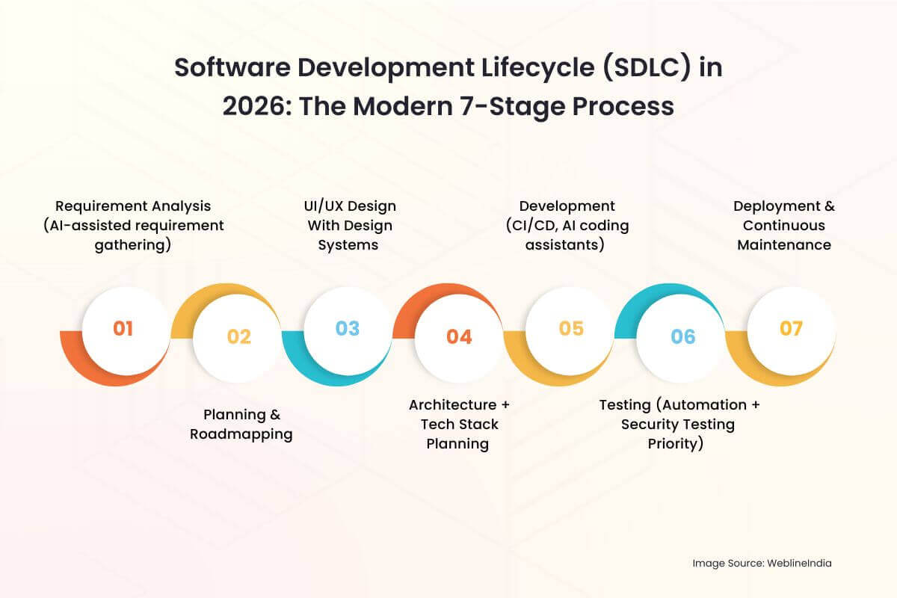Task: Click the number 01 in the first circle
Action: click(123, 329)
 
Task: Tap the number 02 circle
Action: click(238, 337)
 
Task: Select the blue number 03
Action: click(347, 329)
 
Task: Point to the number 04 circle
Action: click(459, 337)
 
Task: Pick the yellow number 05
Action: click(570, 329)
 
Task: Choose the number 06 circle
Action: click(682, 337)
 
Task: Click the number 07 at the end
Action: click(791, 329)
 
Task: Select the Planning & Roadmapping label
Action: click(241, 424)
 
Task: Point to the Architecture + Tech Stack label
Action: click(458, 424)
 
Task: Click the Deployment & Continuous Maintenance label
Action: click(783, 225)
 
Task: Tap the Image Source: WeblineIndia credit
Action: click(761, 564)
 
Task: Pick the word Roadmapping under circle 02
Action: click(241, 434)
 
